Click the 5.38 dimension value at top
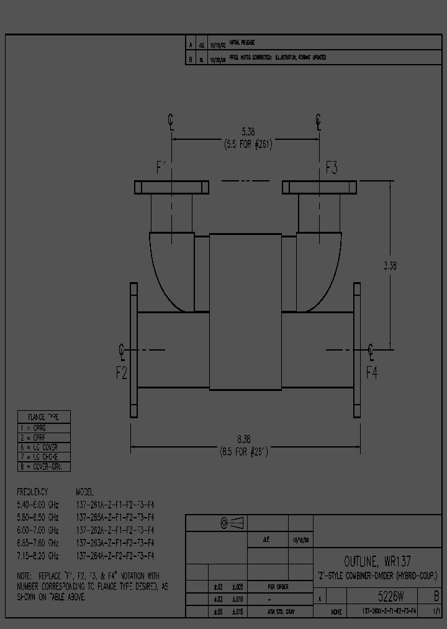pyautogui.click(x=247, y=131)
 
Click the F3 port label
pyautogui.click(x=331, y=167)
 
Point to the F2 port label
pyautogui.click(x=122, y=373)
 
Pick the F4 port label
pyautogui.click(x=371, y=373)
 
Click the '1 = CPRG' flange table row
pyautogui.click(x=43, y=428)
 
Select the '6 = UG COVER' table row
pyautogui.click(x=43, y=448)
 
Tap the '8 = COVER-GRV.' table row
pyautogui.click(x=43, y=467)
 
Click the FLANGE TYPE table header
pyautogui.click(x=43, y=416)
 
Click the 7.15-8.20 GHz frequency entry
pyautogui.click(x=38, y=555)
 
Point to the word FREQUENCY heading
pyautogui.click(x=32, y=491)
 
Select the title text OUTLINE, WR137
pyautogui.click(x=377, y=561)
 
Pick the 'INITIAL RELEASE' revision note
pyautogui.click(x=242, y=43)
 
